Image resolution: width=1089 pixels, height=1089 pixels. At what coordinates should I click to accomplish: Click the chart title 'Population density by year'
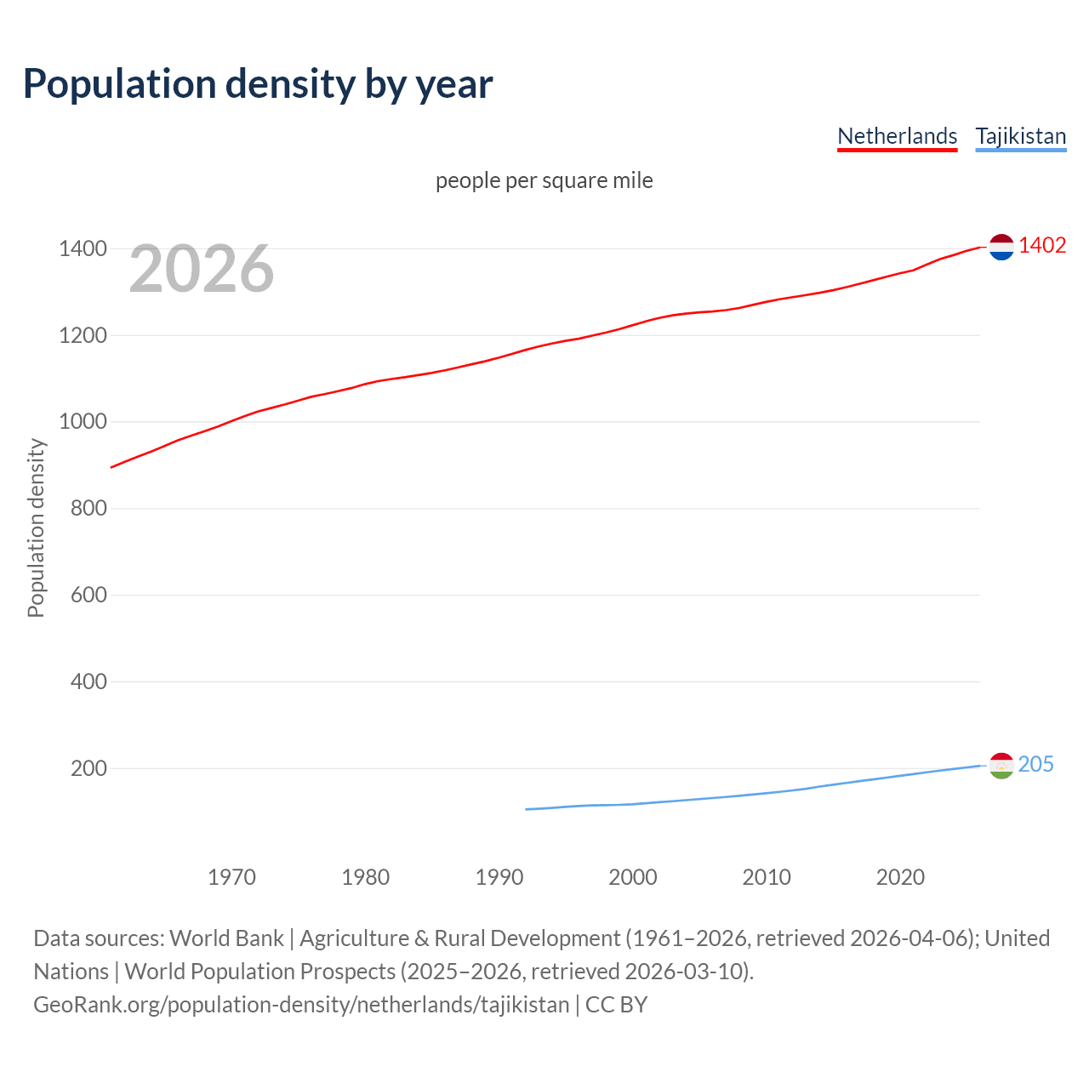point(258,84)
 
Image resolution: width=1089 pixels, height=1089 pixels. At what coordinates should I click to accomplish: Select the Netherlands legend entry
point(897,136)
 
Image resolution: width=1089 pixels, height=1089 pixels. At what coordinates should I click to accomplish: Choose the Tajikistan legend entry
point(1020,136)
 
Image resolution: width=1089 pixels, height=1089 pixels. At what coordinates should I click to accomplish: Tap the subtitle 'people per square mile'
point(544,180)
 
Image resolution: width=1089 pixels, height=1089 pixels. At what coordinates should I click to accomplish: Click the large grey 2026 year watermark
point(202,269)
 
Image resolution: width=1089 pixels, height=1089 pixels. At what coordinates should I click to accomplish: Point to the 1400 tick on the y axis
point(83,249)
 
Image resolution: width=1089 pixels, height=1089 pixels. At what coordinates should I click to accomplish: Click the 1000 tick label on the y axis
point(83,422)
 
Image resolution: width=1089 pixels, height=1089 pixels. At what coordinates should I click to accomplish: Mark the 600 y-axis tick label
point(88,595)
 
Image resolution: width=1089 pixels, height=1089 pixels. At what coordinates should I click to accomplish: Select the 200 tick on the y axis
point(88,768)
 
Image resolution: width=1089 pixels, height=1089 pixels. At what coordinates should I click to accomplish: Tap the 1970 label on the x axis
point(231,877)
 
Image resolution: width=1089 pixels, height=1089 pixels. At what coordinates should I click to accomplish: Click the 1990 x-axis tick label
point(499,877)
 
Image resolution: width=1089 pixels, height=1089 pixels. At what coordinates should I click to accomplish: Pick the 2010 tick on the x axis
point(767,877)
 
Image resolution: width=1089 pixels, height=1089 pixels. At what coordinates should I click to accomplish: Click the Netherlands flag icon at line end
point(1001,247)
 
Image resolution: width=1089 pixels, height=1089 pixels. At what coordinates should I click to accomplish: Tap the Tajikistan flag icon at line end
point(1001,766)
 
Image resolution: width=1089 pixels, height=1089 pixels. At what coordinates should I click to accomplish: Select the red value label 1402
point(1042,246)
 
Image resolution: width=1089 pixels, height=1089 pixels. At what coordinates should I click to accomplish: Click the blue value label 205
point(1035,765)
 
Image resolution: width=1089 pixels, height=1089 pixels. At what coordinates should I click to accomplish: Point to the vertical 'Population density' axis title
point(36,527)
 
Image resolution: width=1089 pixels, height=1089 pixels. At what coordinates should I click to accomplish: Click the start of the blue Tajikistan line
point(527,809)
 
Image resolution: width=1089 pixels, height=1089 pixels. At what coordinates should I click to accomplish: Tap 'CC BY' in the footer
point(616,1005)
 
